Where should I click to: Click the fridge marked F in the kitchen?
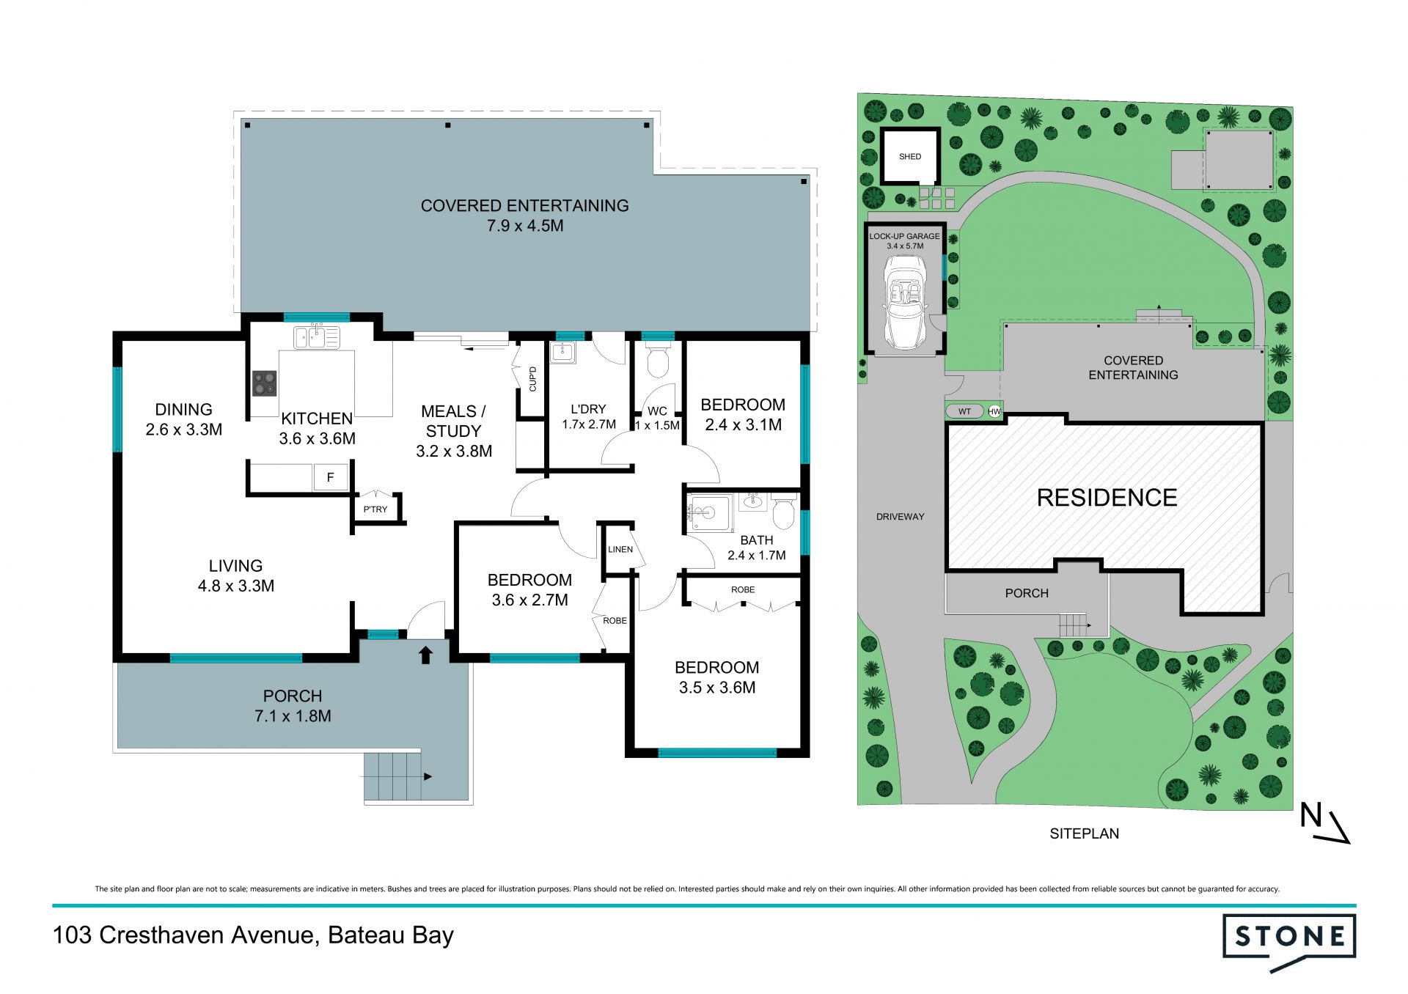point(330,477)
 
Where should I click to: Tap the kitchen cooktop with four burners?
point(265,383)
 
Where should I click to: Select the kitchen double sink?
point(317,337)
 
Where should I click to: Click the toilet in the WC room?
point(657,359)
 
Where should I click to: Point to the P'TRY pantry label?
point(375,509)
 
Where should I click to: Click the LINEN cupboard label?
point(620,550)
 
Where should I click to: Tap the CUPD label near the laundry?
point(533,379)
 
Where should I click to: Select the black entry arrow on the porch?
point(425,654)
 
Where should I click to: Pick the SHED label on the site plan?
point(910,157)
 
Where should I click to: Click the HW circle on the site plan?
point(994,412)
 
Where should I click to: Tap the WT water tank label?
point(964,412)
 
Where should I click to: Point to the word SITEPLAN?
point(1084,834)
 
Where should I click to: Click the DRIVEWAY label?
point(900,517)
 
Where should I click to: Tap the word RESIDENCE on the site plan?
point(1107,498)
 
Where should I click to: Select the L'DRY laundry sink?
point(563,353)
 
